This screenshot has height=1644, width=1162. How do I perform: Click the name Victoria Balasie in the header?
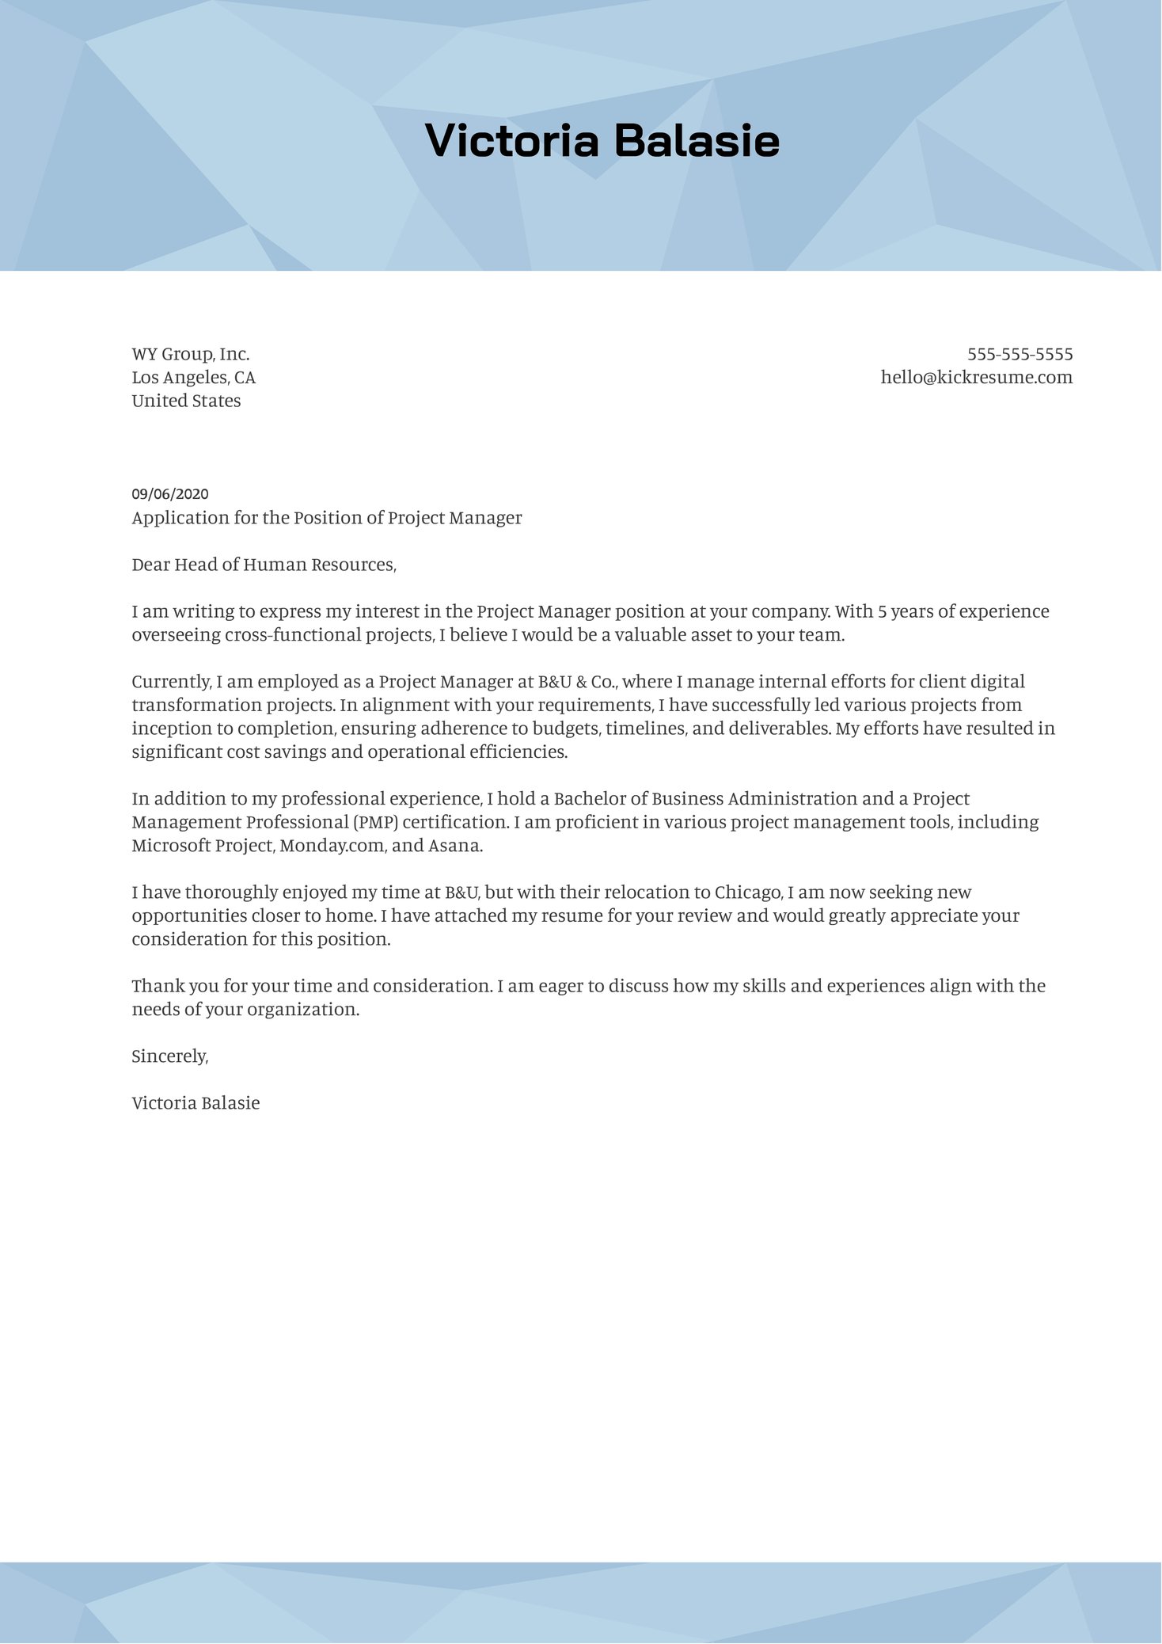point(602,141)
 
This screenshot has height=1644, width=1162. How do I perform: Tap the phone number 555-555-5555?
point(1020,354)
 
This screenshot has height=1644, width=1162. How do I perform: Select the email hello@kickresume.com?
point(976,377)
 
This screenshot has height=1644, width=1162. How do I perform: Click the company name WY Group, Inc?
point(191,354)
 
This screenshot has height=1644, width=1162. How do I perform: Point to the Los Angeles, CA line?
point(194,377)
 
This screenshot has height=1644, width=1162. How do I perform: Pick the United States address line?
point(186,401)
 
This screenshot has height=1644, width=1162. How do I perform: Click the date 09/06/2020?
point(170,494)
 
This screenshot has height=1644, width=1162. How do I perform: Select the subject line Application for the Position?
point(327,518)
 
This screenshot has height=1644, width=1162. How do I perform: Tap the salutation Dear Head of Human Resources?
point(264,565)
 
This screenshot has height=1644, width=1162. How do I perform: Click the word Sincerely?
point(169,1056)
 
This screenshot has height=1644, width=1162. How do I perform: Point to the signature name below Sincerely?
point(196,1102)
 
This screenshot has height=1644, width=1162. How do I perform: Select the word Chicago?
point(748,892)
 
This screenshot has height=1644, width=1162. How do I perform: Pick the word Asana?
point(454,846)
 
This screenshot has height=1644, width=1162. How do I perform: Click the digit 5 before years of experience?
point(883,611)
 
